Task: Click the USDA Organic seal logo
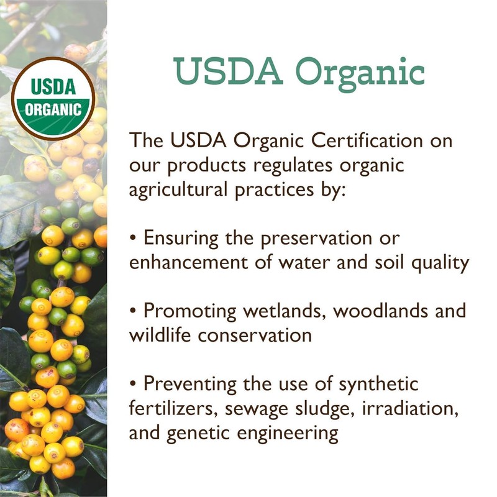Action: pos(53,98)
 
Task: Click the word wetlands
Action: pos(298,311)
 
